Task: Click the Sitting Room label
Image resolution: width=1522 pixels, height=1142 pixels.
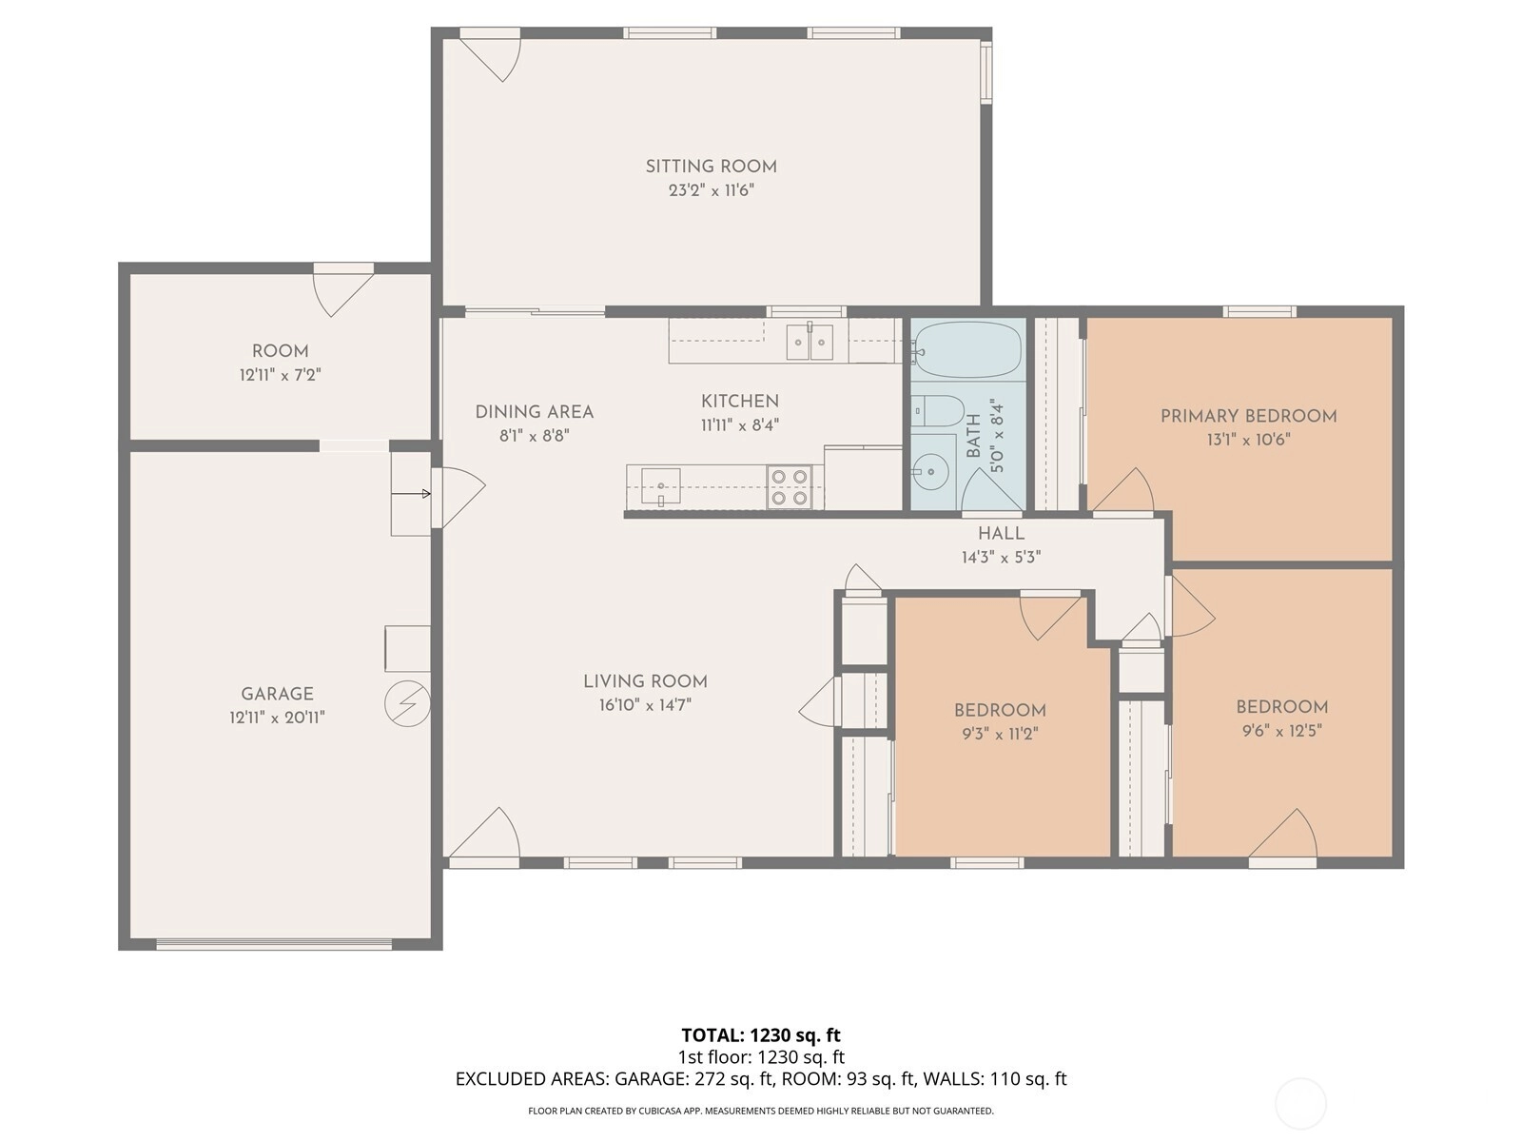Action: (x=711, y=167)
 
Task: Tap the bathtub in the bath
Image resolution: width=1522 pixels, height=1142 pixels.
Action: (x=968, y=349)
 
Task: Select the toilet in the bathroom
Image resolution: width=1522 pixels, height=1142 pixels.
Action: (x=935, y=412)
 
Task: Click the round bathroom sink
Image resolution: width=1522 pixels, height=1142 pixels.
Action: (x=929, y=472)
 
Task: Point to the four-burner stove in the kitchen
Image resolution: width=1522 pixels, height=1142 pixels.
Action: (x=790, y=486)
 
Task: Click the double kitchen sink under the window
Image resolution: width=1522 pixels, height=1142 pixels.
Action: (x=810, y=342)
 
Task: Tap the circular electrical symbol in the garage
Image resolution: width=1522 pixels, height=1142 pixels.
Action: (x=408, y=704)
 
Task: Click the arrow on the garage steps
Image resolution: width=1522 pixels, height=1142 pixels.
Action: (x=411, y=494)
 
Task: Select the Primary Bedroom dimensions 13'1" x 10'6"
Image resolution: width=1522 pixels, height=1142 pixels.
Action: (x=1248, y=440)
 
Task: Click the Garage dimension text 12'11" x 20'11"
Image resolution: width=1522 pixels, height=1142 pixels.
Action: (x=278, y=718)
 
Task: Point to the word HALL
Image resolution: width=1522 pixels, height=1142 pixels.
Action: (x=1002, y=534)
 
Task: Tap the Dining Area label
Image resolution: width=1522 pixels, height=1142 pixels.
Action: (x=535, y=412)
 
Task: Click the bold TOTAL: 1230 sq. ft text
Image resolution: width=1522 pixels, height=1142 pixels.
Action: (x=761, y=1035)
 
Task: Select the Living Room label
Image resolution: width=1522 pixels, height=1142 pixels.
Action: (x=646, y=681)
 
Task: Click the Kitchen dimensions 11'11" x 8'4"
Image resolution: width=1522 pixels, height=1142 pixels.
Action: (x=740, y=425)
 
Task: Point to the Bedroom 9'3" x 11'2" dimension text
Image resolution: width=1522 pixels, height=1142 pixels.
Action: (x=1000, y=735)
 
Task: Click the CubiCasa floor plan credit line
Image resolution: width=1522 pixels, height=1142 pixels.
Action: (x=761, y=1111)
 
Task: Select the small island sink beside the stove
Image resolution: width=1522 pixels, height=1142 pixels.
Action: (x=660, y=486)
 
